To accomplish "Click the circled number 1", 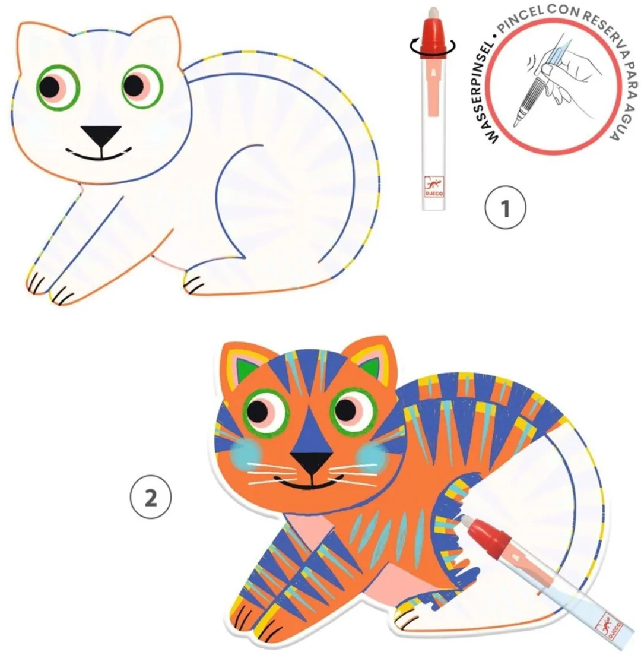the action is [x=505, y=208].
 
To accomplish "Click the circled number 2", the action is [x=151, y=498].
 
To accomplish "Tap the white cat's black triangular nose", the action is [x=101, y=136].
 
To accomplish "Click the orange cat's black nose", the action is [x=312, y=461].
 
